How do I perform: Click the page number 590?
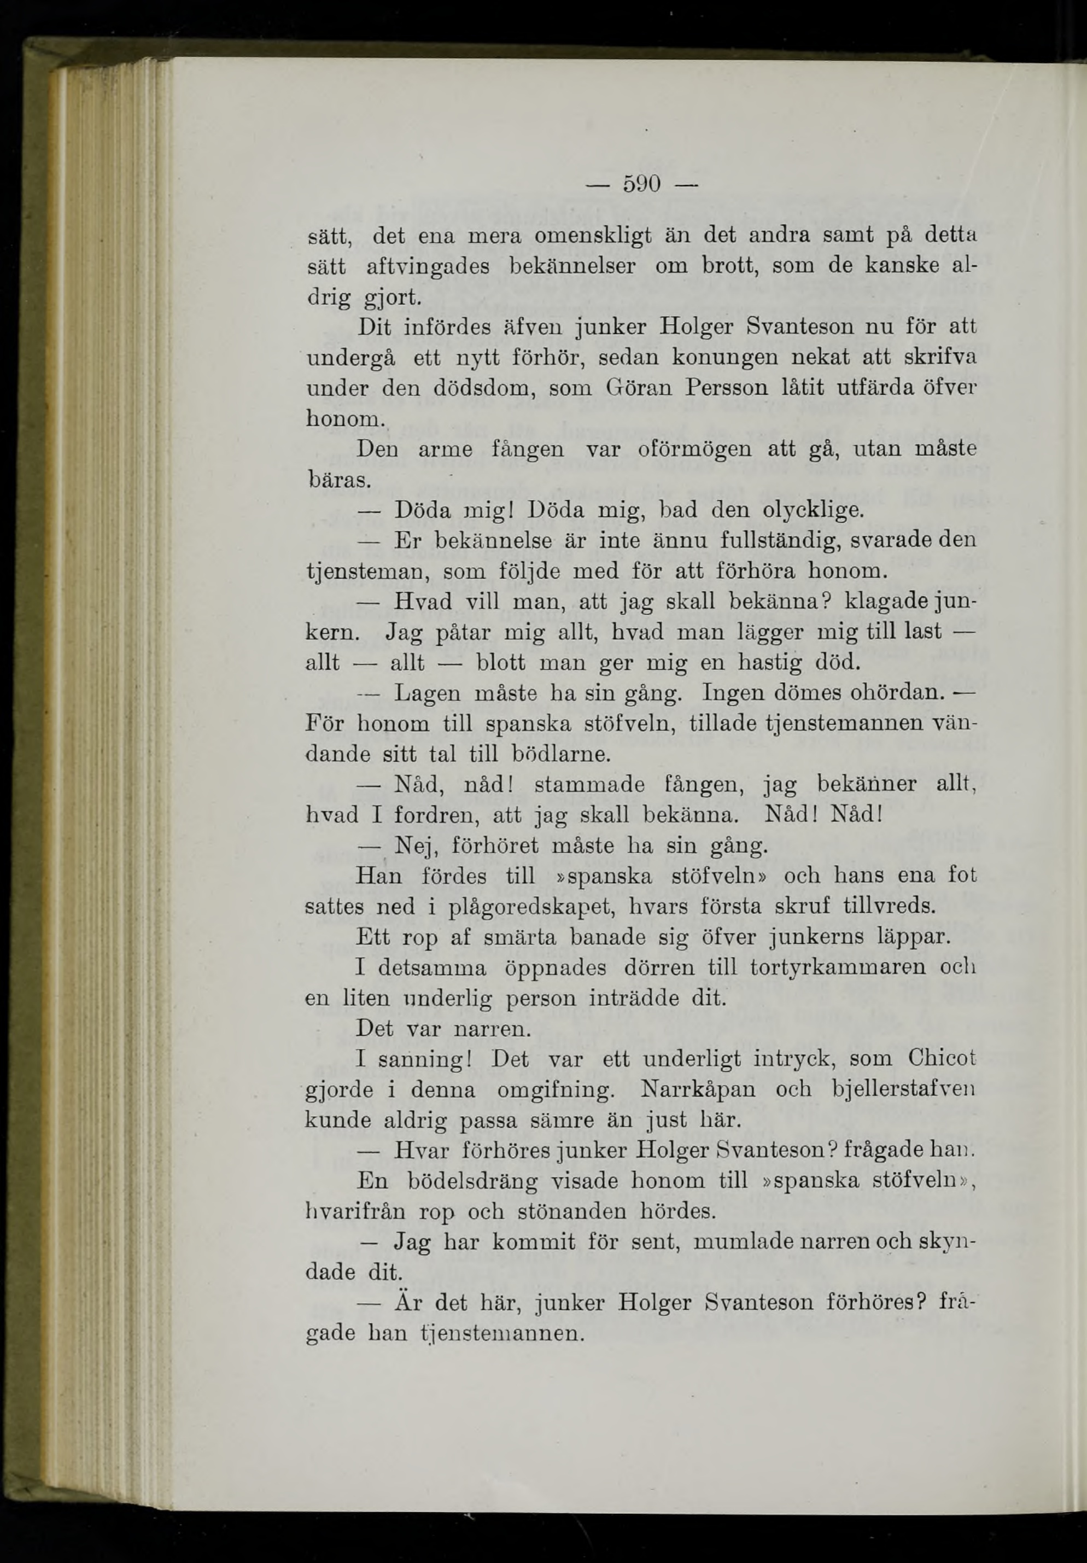pyautogui.click(x=641, y=184)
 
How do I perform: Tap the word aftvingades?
pyautogui.click(x=428, y=267)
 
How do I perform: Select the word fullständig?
pyautogui.click(x=753, y=540)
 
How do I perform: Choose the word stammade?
pyautogui.click(x=589, y=785)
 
